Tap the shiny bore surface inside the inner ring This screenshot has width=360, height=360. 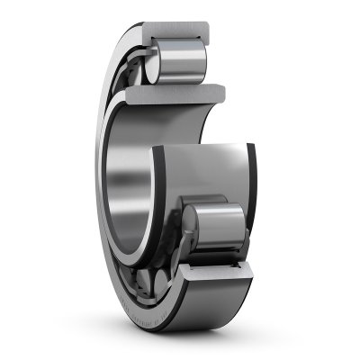[x=126, y=171]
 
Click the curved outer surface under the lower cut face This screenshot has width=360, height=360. [x=216, y=292]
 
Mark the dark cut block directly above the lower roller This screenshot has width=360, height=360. [x=214, y=189]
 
